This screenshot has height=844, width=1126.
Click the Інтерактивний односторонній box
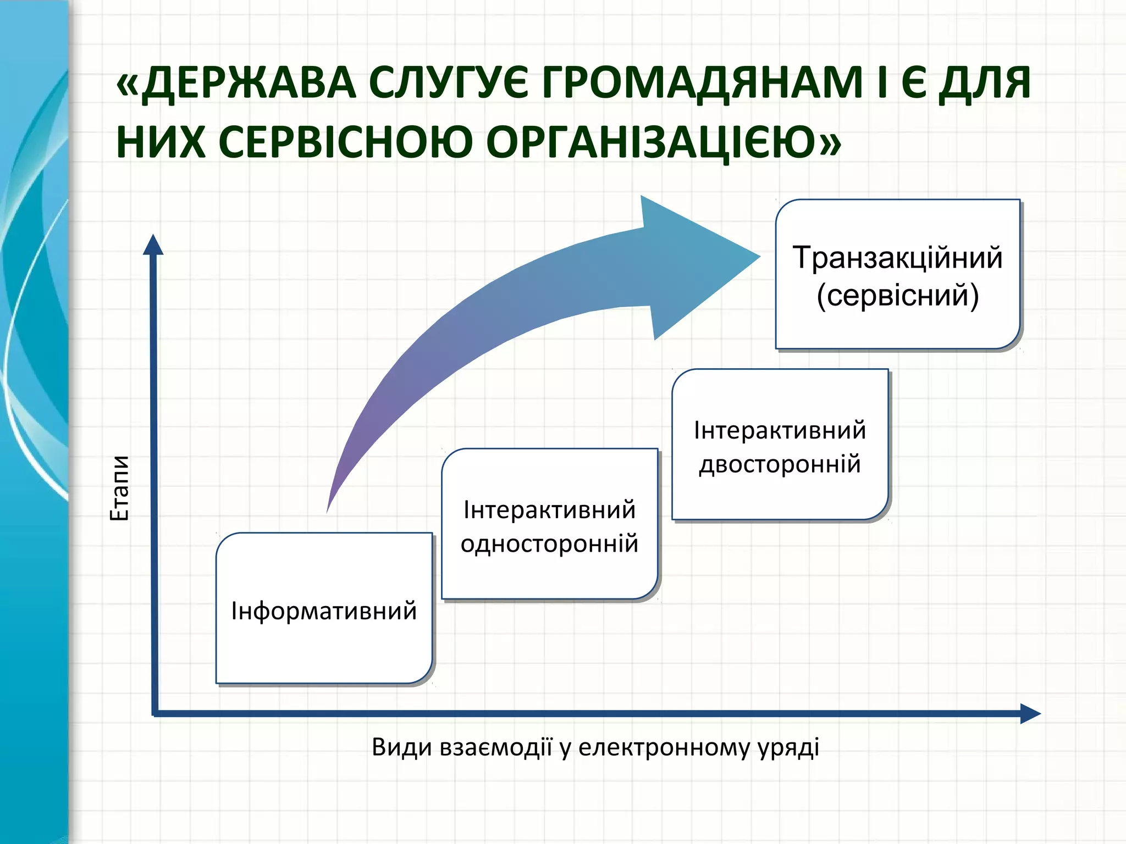549,571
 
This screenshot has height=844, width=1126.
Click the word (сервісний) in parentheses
897,296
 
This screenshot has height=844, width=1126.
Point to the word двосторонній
780,464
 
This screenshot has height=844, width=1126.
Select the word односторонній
549,544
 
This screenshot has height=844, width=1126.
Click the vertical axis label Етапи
120,488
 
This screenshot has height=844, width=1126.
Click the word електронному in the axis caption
664,747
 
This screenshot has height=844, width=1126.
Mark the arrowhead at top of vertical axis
153,245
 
